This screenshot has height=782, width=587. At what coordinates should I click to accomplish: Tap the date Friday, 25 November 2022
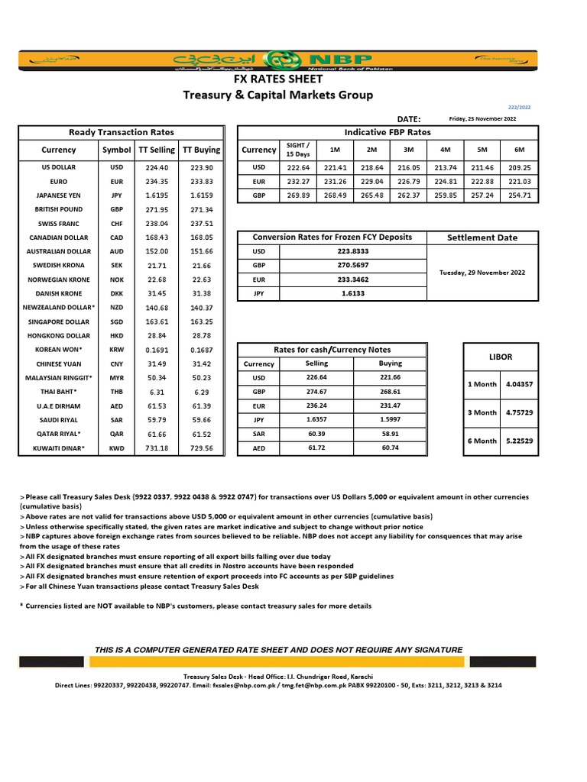coord(482,118)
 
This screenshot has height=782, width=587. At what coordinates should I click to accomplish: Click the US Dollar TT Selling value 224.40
coord(157,167)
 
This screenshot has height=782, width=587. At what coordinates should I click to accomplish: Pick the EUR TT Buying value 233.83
coord(202,181)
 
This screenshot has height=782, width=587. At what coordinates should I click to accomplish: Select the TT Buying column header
coord(202,150)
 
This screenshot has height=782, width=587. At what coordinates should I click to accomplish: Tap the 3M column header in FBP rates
coord(408,150)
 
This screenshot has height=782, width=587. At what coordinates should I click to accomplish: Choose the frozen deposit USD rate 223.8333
coord(352,251)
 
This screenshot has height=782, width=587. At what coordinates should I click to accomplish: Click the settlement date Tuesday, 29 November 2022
coord(482,273)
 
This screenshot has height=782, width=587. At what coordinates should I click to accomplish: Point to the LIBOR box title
coord(500,357)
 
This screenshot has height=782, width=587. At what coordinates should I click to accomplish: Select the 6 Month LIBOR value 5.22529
coord(519,441)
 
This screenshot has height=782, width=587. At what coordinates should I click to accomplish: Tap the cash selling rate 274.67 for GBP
coord(316,392)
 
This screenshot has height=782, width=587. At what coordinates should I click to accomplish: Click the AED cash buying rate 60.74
coord(390,448)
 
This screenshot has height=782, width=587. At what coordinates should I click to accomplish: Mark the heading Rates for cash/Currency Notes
coord(332,349)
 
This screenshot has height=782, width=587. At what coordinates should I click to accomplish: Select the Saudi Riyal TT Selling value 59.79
coord(157,421)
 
